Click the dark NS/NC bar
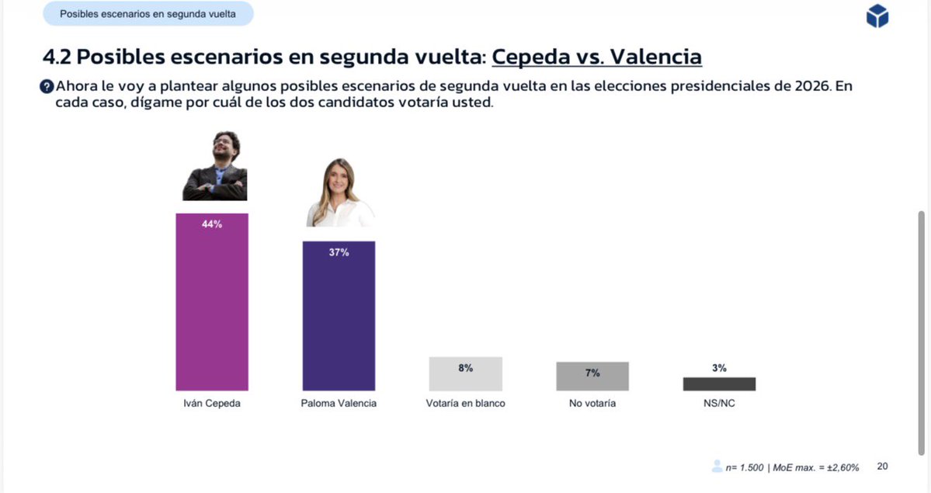[719, 384]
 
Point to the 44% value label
[212, 224]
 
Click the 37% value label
[339, 252]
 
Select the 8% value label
[465, 368]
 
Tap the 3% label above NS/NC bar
[719, 368]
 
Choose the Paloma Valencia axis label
[339, 404]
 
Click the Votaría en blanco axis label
[465, 404]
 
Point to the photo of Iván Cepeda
[215, 167]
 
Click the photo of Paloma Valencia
[339, 193]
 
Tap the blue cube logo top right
[877, 16]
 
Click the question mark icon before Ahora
[47, 86]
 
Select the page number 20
[882, 467]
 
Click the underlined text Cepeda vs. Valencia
[596, 57]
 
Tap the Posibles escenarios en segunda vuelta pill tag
[148, 14]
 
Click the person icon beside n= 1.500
[717, 467]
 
